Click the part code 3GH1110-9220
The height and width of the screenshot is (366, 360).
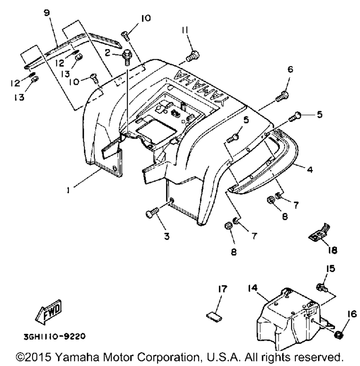55,337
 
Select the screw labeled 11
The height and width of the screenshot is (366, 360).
193,55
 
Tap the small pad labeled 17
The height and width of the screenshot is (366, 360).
213,316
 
